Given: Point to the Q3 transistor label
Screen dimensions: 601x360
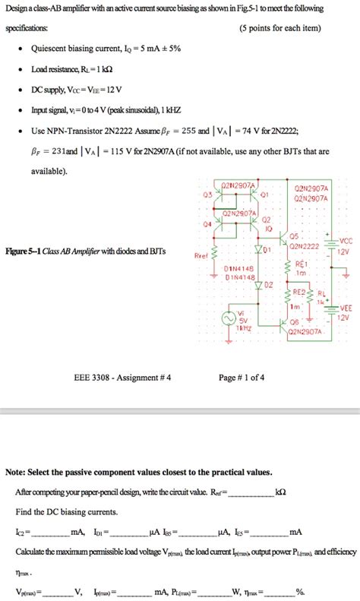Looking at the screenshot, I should tap(207, 194).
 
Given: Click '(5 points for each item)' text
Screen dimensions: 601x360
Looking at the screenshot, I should tap(279, 28).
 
